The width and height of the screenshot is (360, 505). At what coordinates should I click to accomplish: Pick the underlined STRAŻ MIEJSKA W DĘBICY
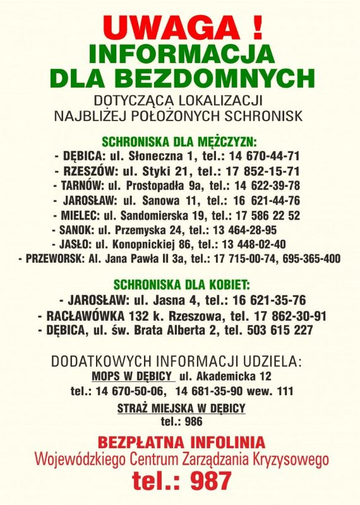(181, 408)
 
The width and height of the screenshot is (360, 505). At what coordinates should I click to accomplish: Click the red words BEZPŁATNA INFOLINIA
(181, 441)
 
